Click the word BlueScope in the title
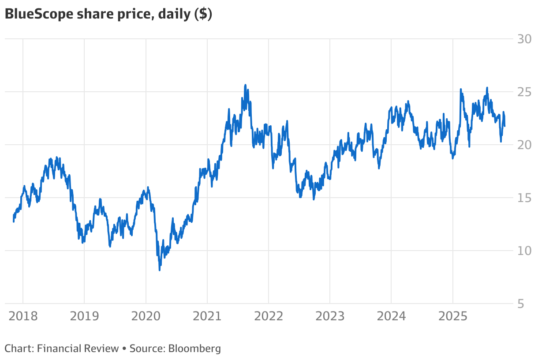tap(39, 14)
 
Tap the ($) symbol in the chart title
tap(203, 14)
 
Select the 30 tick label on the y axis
tap(524, 39)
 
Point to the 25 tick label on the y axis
tap(524, 92)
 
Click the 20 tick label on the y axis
tap(524, 145)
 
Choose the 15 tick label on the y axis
tap(524, 198)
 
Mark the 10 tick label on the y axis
tap(524, 251)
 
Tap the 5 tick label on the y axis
tap(521, 304)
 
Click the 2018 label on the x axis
tap(23, 316)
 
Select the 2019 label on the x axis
tap(84, 316)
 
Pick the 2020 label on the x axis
tap(146, 316)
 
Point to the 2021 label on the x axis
tap(207, 316)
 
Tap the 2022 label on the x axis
tap(269, 316)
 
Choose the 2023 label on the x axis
tap(330, 316)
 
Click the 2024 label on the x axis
tap(391, 316)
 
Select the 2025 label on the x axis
tap(453, 316)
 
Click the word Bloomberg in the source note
tap(194, 349)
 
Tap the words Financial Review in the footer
tap(78, 349)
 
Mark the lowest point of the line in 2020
tap(160, 270)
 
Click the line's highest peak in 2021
tap(245, 85)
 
